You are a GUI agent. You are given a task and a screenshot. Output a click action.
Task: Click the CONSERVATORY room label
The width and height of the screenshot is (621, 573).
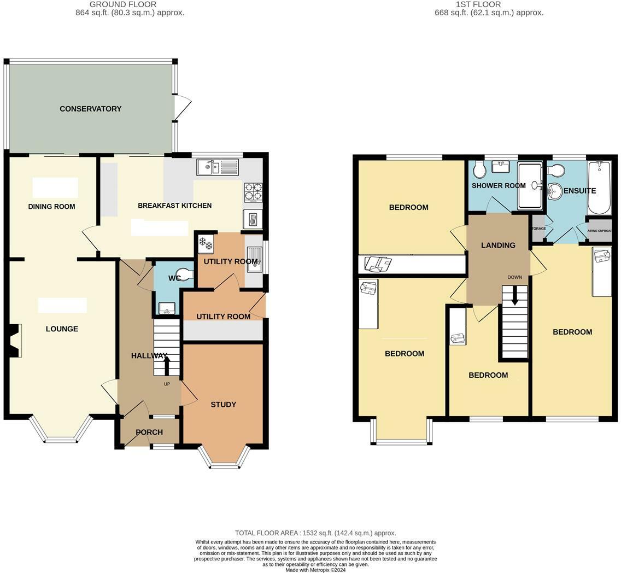pos(91,109)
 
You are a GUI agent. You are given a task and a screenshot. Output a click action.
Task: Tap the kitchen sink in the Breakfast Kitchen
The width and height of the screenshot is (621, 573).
pos(218,167)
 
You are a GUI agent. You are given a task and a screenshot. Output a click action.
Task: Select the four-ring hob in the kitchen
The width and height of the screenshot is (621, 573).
pos(253,192)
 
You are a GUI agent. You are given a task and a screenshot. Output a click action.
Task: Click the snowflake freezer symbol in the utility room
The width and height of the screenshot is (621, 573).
pos(206,243)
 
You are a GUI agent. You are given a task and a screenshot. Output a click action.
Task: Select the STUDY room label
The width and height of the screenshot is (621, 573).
pos(223,405)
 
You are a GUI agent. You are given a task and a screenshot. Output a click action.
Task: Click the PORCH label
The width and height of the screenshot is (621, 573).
pos(149,432)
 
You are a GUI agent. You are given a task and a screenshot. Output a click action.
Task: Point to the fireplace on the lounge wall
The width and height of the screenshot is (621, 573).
pos(15,341)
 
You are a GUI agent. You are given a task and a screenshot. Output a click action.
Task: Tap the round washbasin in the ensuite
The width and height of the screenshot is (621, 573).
pos(555,190)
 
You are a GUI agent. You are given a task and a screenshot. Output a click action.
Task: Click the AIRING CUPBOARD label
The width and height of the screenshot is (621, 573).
pos(599,231)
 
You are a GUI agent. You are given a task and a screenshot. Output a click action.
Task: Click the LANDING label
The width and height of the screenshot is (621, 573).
pos(497,245)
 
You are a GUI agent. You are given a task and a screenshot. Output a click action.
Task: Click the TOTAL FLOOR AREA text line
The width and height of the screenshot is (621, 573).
pos(315,533)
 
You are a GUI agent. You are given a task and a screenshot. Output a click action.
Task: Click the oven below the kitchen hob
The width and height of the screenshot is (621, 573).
pos(253,219)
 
